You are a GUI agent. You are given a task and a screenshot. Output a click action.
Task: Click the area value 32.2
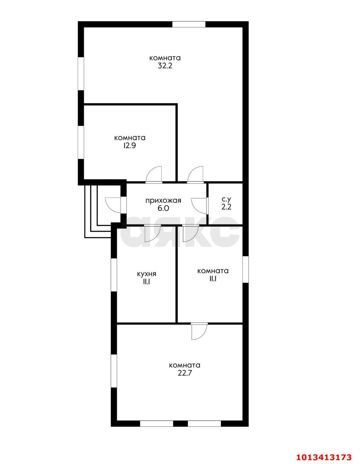click(x=165, y=66)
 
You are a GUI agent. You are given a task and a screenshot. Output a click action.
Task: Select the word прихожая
click(x=163, y=200)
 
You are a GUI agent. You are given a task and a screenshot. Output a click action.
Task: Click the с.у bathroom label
click(x=226, y=199)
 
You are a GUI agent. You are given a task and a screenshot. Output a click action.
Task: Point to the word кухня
click(x=147, y=274)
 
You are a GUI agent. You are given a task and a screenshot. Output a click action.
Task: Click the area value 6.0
click(x=163, y=208)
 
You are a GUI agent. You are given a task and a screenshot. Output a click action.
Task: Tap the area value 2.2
click(x=226, y=207)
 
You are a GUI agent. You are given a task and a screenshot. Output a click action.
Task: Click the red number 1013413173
click(x=324, y=456)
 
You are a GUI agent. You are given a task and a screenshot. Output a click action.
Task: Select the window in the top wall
click(x=189, y=24)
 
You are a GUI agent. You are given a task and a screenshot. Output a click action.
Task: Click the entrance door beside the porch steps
click(x=116, y=205)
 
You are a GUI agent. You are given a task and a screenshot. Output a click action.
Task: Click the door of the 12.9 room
click(x=154, y=175)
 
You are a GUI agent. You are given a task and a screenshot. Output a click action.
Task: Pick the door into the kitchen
click(x=152, y=233)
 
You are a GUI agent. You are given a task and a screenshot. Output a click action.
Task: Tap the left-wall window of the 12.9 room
click(x=81, y=142)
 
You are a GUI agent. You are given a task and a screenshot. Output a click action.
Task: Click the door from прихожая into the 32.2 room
click(x=195, y=175)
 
